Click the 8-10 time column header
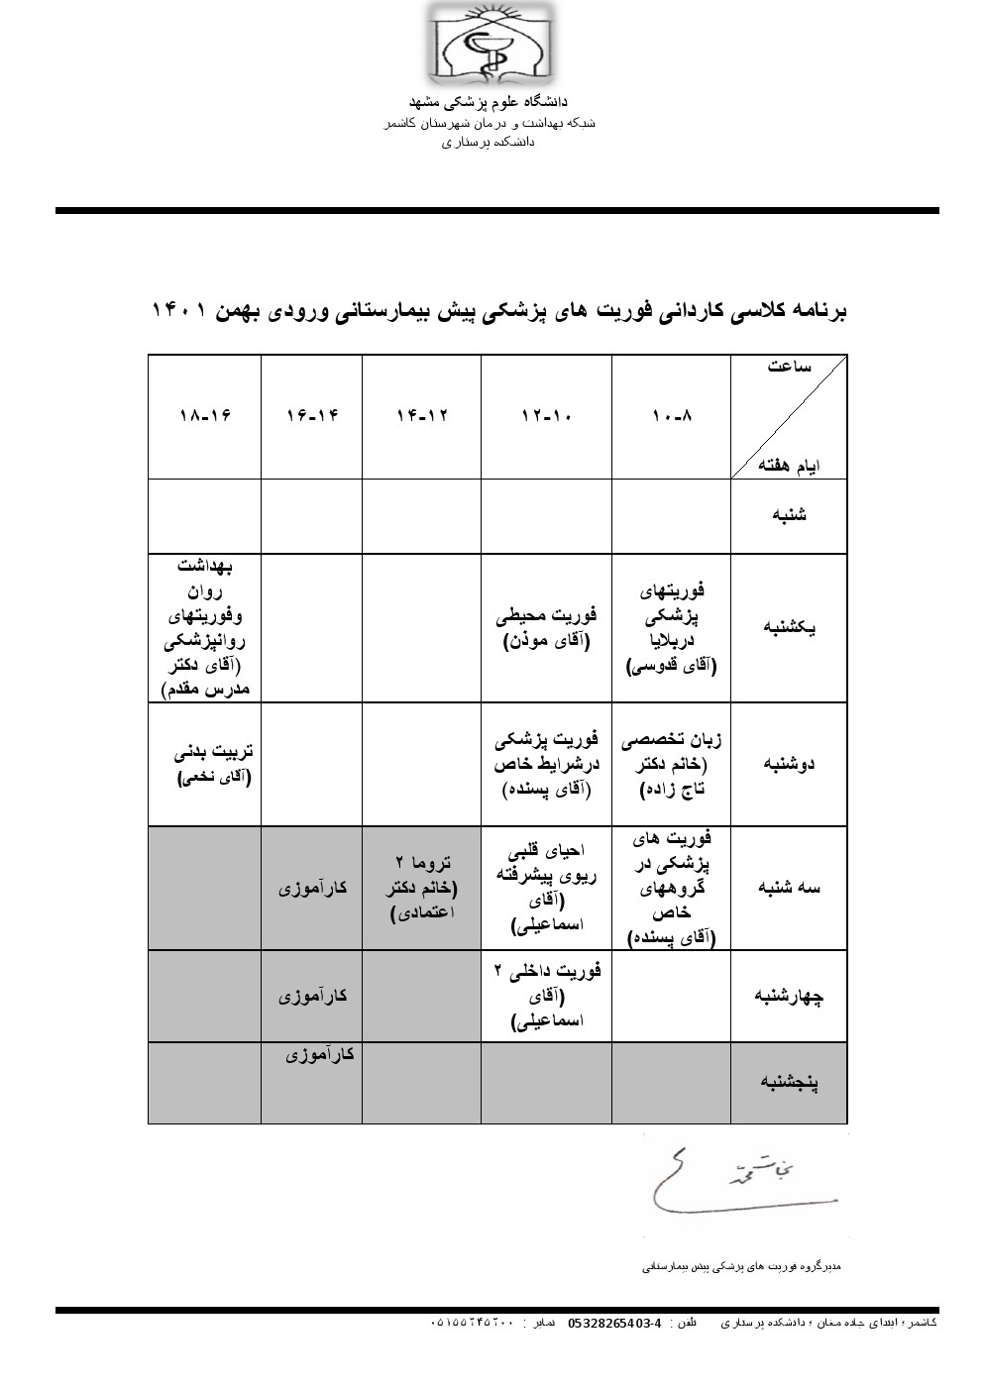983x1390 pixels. tap(672, 416)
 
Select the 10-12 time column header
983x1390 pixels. tap(547, 416)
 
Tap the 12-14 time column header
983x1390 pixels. tap(421, 416)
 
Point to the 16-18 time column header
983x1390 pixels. tap(205, 416)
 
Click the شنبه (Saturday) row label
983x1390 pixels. tap(788, 516)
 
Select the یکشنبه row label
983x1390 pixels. tap(788, 628)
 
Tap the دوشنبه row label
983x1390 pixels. tap(790, 764)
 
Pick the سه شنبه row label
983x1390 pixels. tap(789, 888)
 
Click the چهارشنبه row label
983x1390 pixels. tap(788, 997)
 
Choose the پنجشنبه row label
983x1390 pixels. tap(788, 1083)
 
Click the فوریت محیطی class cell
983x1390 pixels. tap(547, 628)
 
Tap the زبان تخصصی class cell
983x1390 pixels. tap(672, 764)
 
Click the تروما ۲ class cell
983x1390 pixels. tap(421, 888)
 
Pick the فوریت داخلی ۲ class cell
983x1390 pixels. tap(547, 997)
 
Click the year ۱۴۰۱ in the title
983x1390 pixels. tap(178, 310)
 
